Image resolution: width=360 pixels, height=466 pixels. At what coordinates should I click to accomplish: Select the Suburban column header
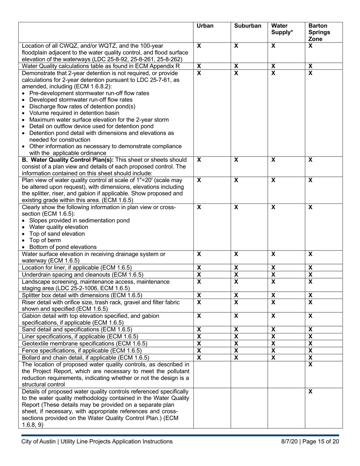[247, 26]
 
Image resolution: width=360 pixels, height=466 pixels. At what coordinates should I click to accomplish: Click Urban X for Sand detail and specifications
[199, 330]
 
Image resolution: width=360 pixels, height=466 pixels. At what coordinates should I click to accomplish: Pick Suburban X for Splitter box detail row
[236, 295]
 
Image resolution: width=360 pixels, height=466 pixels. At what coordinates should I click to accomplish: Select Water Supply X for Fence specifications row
[273, 350]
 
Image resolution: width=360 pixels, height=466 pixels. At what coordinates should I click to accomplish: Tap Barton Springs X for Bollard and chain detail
[310, 357]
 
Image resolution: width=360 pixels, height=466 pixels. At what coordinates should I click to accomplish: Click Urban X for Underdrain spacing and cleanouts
[199, 274]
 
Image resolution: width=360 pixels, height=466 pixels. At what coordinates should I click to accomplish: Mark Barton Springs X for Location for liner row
[310, 267]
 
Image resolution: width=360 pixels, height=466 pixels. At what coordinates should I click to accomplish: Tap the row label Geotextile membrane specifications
[85, 344]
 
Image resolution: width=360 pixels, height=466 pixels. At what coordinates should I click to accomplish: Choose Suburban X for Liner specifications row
[236, 336]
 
